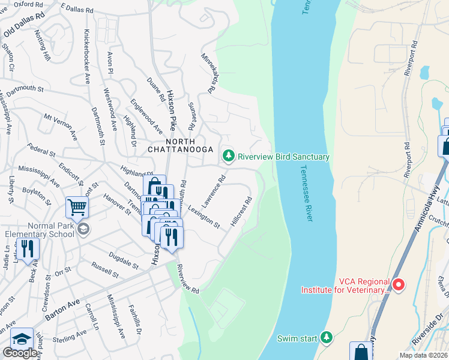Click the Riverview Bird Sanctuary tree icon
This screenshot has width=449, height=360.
click(228, 157)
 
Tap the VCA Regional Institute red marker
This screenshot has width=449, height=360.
click(398, 283)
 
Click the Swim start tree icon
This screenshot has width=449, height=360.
click(327, 338)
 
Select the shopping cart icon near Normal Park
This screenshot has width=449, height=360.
click(77, 208)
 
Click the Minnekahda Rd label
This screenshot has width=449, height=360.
click(208, 72)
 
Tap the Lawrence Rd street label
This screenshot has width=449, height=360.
click(213, 191)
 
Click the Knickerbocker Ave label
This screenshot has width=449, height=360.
click(87, 56)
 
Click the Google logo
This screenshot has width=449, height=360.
click(20, 352)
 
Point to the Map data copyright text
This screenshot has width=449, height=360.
click(423, 355)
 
